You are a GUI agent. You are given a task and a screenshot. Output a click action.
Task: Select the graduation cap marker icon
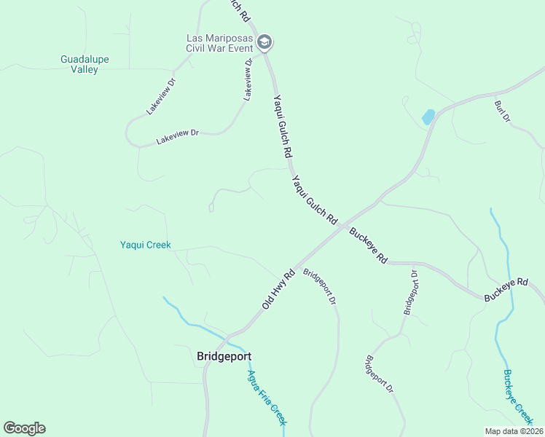(x=264, y=42)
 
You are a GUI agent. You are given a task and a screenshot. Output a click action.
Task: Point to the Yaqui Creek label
(x=145, y=245)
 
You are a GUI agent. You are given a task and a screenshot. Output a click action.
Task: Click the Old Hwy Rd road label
(x=278, y=288)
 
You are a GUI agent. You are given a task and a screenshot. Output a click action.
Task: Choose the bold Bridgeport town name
(x=224, y=356)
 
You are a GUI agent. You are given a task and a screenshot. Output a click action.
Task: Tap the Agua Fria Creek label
(x=267, y=398)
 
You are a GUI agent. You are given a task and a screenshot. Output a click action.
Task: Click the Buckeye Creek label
(x=518, y=396)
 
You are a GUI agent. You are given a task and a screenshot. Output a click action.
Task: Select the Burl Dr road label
(x=502, y=111)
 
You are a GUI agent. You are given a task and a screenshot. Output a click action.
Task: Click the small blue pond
(x=428, y=117)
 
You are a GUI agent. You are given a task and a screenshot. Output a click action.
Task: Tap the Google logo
(x=24, y=428)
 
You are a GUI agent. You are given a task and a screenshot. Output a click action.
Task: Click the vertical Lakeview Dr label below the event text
(x=248, y=79)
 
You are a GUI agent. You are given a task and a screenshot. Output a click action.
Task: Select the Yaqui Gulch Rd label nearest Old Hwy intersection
(x=315, y=199)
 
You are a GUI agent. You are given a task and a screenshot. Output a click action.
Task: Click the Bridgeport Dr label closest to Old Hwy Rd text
(x=320, y=287)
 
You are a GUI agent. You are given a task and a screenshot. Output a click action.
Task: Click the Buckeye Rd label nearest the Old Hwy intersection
(x=368, y=246)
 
